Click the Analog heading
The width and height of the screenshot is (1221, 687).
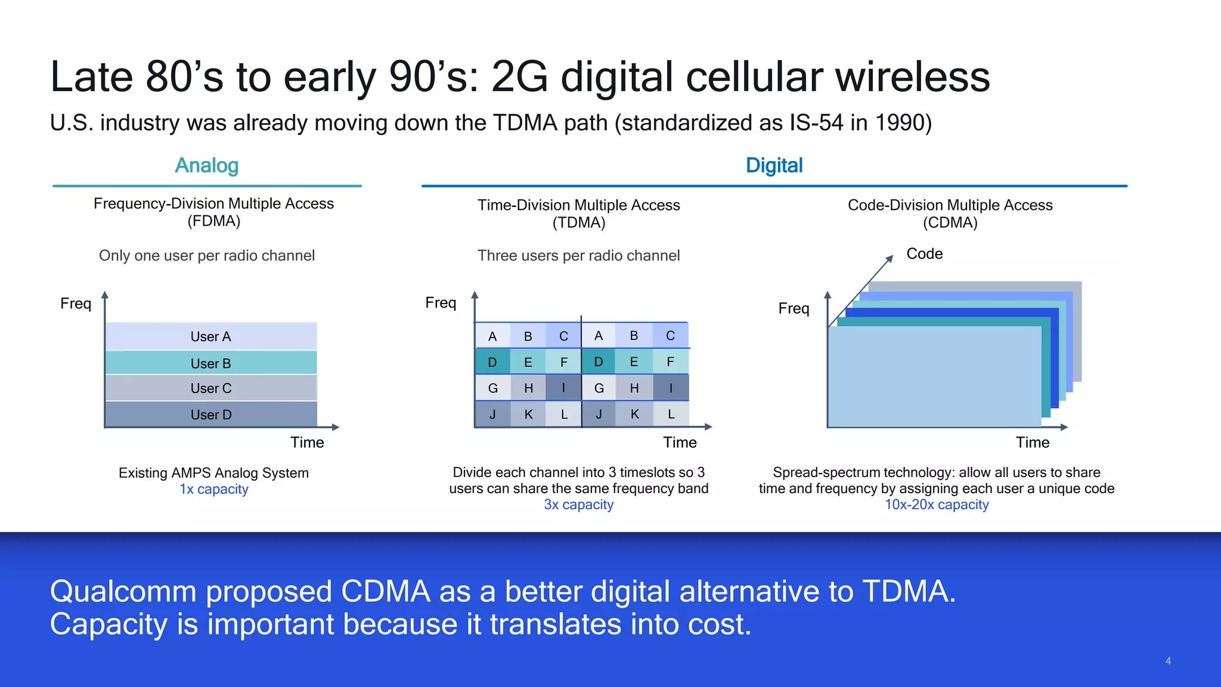(206, 165)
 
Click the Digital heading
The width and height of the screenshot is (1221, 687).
(774, 165)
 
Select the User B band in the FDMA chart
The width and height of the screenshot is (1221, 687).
(210, 363)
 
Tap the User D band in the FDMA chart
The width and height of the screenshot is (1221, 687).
(210, 414)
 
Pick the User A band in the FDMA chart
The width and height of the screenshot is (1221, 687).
(210, 336)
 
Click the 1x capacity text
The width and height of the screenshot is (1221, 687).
(213, 489)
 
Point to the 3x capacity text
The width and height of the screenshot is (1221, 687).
(578, 505)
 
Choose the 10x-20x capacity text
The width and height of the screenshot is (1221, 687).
(936, 505)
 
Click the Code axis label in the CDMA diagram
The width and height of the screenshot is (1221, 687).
(924, 253)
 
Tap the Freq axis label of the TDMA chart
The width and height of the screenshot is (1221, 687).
(440, 303)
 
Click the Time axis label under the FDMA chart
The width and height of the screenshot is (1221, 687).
(307, 442)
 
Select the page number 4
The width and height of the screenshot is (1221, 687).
(1168, 661)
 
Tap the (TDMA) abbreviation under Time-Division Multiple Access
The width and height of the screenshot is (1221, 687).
(578, 223)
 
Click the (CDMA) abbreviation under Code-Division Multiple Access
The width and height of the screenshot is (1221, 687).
(950, 223)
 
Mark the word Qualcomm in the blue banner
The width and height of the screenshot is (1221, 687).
(123, 592)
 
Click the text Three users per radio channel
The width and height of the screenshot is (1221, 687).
(578, 256)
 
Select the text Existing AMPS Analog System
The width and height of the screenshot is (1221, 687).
(213, 473)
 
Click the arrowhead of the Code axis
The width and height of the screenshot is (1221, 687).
(890, 258)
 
